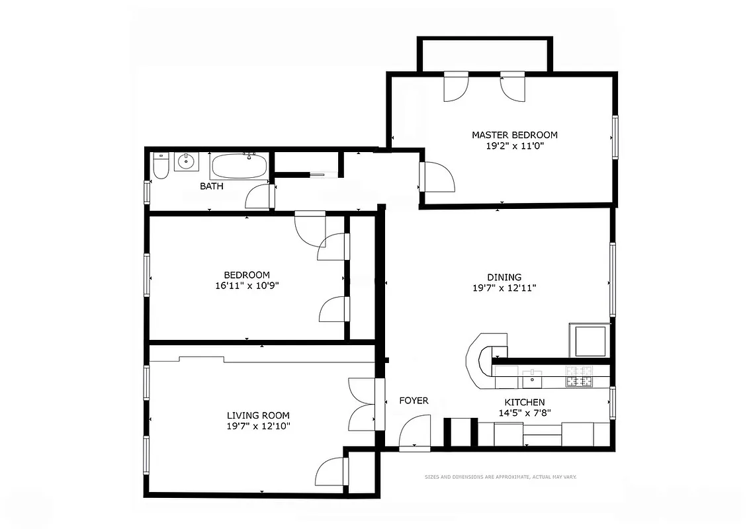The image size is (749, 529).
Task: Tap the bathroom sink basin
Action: click(x=187, y=161)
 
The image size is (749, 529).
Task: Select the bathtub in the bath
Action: click(x=240, y=165)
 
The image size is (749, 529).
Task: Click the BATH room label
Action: click(x=212, y=186)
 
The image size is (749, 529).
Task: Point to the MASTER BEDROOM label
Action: click(x=514, y=135)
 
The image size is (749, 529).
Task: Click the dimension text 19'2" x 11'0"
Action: click(x=514, y=146)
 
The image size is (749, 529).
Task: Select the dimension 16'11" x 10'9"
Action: click(x=247, y=286)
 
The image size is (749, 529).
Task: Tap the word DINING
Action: click(x=505, y=277)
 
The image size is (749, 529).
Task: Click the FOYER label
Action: click(x=414, y=401)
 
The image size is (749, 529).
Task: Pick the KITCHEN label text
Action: click(x=525, y=402)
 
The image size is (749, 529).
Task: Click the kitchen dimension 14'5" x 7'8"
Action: click(x=525, y=413)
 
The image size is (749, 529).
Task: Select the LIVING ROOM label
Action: click(x=258, y=415)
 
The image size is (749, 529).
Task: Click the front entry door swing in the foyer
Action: click(x=416, y=432)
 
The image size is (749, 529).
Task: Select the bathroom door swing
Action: click(x=259, y=197)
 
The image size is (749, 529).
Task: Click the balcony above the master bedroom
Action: click(x=484, y=54)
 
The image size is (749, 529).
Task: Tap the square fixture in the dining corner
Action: click(x=588, y=341)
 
